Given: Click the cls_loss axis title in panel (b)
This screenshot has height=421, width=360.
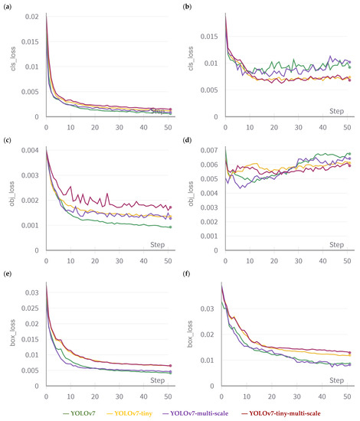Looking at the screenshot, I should point(193,65).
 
